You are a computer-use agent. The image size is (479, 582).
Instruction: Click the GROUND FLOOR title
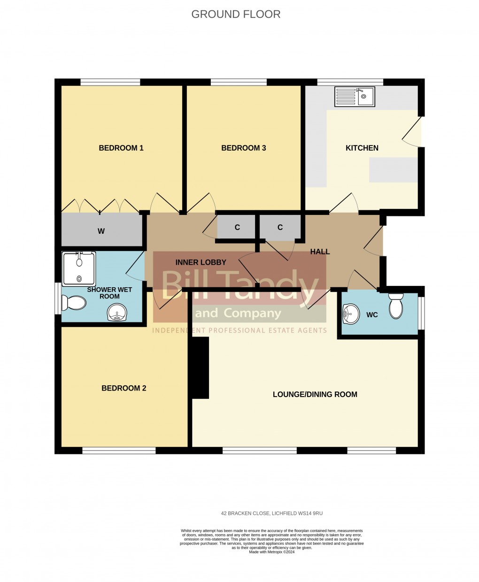point(236,14)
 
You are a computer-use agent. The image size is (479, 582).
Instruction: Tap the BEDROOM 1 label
point(121,148)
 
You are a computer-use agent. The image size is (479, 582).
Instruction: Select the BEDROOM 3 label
point(244,148)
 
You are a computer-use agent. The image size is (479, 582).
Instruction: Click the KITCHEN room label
point(362,148)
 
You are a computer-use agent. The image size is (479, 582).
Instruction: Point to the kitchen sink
point(355,96)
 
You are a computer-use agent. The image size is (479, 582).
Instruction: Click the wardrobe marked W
point(101,230)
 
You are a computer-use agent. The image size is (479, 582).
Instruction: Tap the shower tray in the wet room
point(79,268)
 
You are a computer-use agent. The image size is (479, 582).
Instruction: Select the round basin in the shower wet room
point(117,313)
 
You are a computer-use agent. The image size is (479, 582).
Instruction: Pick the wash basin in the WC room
point(350,314)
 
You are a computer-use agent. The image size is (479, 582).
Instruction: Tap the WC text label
point(372,315)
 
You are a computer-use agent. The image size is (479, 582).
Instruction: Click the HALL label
point(320,252)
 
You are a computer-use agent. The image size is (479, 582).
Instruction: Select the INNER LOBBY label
point(201,263)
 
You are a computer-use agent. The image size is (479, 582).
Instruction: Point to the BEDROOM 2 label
point(124,388)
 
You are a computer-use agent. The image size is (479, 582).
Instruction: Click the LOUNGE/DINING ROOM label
point(315,394)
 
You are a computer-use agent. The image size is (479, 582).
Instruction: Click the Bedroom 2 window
point(119,451)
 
